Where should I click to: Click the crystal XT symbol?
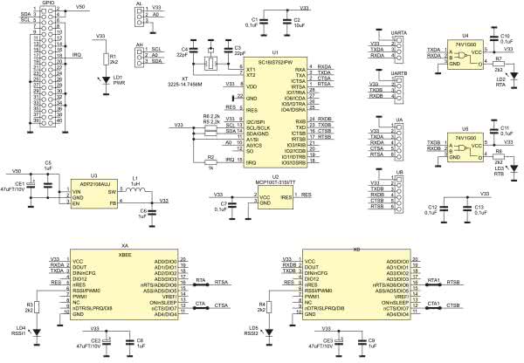[x=210, y=64]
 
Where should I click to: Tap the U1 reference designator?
[x=275, y=52]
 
